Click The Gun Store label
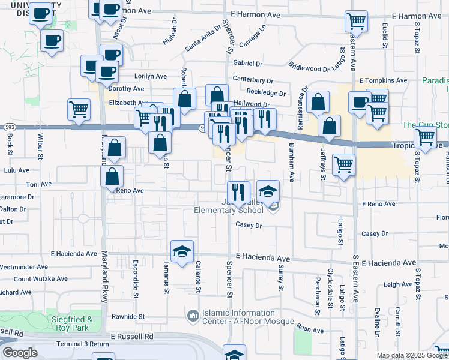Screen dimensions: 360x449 click(425, 125)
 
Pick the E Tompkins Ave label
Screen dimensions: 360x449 click(383, 80)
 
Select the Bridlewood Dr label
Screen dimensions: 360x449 click(309, 68)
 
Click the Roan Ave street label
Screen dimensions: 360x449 click(310, 329)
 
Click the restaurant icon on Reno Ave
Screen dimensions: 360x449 click(238, 192)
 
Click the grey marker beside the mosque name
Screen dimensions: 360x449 click(193, 315)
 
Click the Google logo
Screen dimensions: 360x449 click(20, 353)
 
